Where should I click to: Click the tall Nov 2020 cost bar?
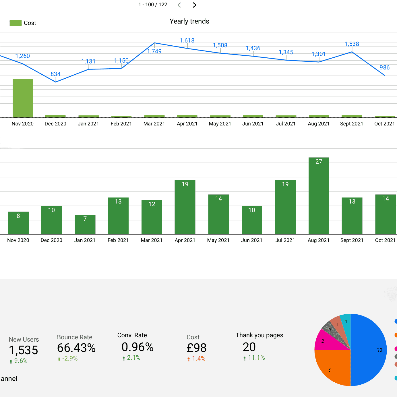[23, 98]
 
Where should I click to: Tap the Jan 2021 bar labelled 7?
[85, 224]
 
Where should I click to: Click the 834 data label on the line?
[55, 74]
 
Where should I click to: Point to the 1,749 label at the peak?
[154, 51]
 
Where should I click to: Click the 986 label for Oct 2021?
[384, 67]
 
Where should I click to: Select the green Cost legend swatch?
[16, 23]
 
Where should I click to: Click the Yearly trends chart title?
[189, 21]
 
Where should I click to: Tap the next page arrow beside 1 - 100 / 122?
[195, 5]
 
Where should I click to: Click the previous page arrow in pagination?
[179, 5]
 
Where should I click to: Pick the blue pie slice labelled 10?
[369, 350]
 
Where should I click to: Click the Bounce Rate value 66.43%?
[76, 348]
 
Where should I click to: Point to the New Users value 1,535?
[24, 350]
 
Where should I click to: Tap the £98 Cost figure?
[196, 348]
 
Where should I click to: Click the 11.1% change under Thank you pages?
[256, 358]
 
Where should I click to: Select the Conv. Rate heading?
[132, 335]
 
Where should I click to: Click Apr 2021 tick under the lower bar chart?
[185, 240]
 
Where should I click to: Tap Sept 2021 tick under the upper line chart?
[351, 124]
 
